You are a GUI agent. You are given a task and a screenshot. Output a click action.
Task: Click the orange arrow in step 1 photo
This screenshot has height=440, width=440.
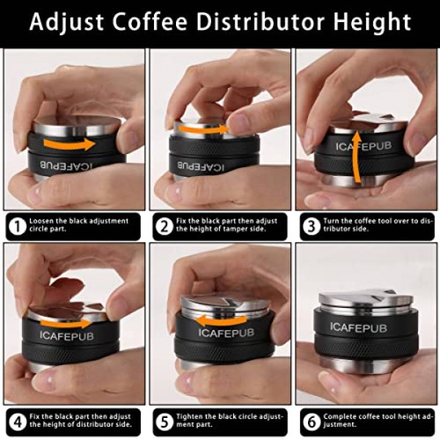point(70,142)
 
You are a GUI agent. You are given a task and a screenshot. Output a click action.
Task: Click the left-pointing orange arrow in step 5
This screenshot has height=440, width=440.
point(220,320)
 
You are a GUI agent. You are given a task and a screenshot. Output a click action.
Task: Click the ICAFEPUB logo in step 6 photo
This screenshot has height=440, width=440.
point(358,326)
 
